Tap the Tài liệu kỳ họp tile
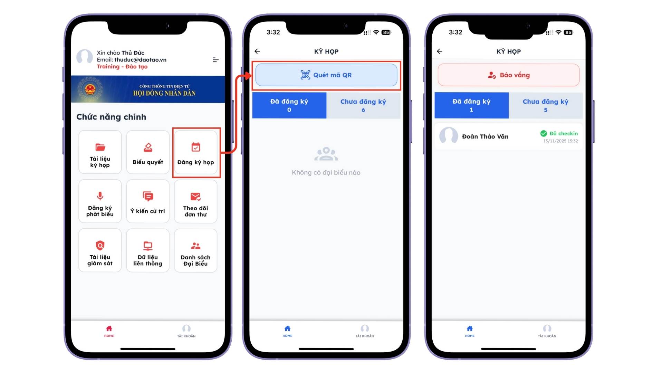pyautogui.click(x=100, y=152)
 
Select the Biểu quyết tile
pyautogui.click(x=148, y=152)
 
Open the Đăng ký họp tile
pyautogui.click(x=196, y=152)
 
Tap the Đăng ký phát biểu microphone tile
pyautogui.click(x=100, y=201)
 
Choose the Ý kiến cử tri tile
pyautogui.click(x=148, y=201)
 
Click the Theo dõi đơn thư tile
pyautogui.click(x=196, y=201)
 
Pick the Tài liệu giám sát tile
pyautogui.click(x=100, y=250)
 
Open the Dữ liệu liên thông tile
pyautogui.click(x=148, y=250)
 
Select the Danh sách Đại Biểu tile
pyautogui.click(x=196, y=250)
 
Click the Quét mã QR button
pyautogui.click(x=326, y=75)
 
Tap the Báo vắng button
pyautogui.click(x=509, y=75)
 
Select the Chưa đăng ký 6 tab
pyautogui.click(x=363, y=105)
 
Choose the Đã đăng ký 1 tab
pyautogui.click(x=471, y=105)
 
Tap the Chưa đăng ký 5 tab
pyautogui.click(x=546, y=105)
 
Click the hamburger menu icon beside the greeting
pyautogui.click(x=215, y=60)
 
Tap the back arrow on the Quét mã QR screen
pyautogui.click(x=257, y=51)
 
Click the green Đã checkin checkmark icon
pyautogui.click(x=544, y=134)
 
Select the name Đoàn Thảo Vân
pyautogui.click(x=485, y=136)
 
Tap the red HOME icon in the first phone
pyautogui.click(x=109, y=328)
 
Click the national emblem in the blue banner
pyautogui.click(x=90, y=89)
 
